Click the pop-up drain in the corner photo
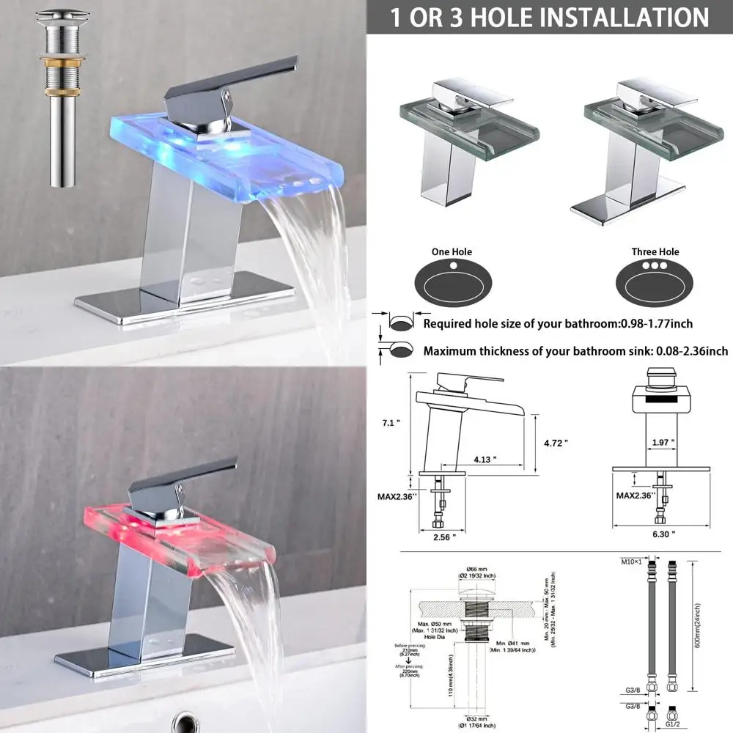(x=62, y=95)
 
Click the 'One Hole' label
(x=452, y=252)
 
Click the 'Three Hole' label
(x=655, y=252)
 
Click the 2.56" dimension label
(x=444, y=537)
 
